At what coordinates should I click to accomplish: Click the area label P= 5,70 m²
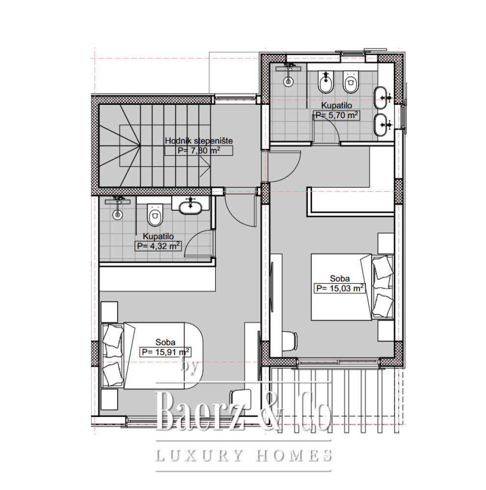336,115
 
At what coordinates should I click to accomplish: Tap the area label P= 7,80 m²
199,150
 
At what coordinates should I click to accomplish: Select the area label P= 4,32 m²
158,246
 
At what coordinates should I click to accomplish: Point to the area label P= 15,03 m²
340,288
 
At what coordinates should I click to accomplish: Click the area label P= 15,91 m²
165,352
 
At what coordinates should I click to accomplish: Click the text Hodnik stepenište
199,141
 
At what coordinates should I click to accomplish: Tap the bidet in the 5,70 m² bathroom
326,82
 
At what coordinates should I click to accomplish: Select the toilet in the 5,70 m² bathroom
351,82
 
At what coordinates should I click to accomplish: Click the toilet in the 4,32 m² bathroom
155,215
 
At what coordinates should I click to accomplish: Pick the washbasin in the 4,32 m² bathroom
190,206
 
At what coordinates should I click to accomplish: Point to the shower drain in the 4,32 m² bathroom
118,215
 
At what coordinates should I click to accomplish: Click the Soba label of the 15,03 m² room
340,278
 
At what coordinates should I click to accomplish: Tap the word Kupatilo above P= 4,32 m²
158,236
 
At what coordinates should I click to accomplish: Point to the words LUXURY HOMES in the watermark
244,455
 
